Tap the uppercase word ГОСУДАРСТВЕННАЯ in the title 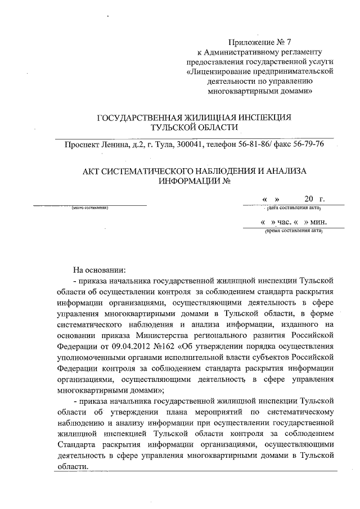tap(138, 118)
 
